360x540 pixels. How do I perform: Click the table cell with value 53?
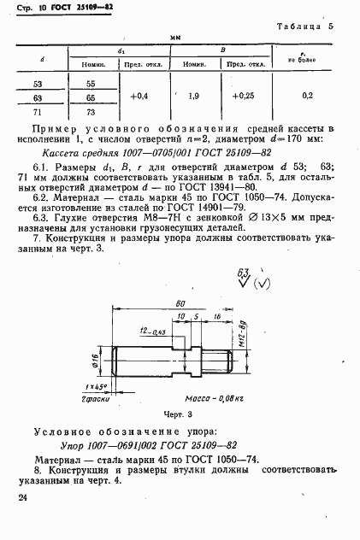coord(37,85)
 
